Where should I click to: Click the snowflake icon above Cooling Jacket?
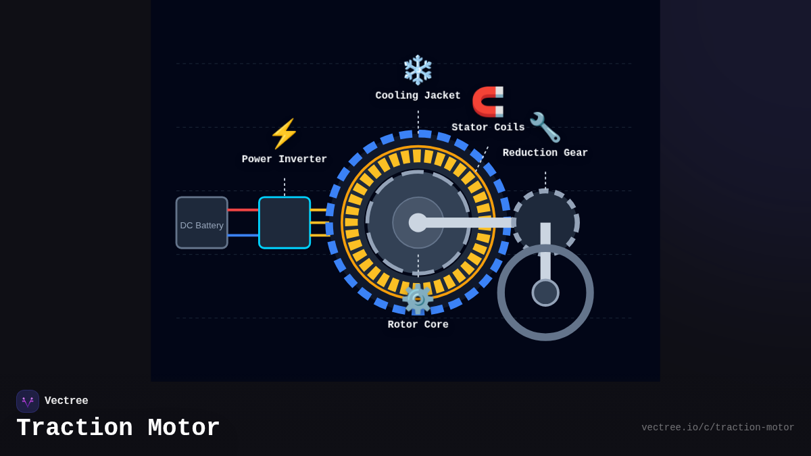click(x=418, y=70)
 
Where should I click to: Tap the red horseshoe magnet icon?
click(x=488, y=101)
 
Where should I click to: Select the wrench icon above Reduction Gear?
click(x=545, y=127)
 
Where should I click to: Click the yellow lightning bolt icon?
click(x=284, y=134)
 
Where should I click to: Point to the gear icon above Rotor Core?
click(x=418, y=299)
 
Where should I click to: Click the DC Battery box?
click(x=201, y=223)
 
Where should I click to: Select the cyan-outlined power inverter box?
click(x=285, y=223)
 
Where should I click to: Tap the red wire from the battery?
click(x=243, y=210)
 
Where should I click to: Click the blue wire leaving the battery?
click(x=243, y=235)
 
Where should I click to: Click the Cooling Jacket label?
click(x=418, y=96)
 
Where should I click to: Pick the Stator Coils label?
click(x=488, y=128)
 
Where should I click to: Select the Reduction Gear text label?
click(x=545, y=153)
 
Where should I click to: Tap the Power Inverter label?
click(x=285, y=159)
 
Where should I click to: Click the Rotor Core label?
click(x=418, y=325)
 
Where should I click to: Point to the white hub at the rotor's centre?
click(x=418, y=222)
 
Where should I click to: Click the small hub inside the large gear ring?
click(x=545, y=293)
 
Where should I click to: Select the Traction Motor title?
click(x=118, y=428)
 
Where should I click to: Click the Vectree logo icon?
click(x=28, y=401)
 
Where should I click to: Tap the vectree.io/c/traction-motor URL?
click(x=718, y=428)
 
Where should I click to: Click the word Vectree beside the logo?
click(x=66, y=401)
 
